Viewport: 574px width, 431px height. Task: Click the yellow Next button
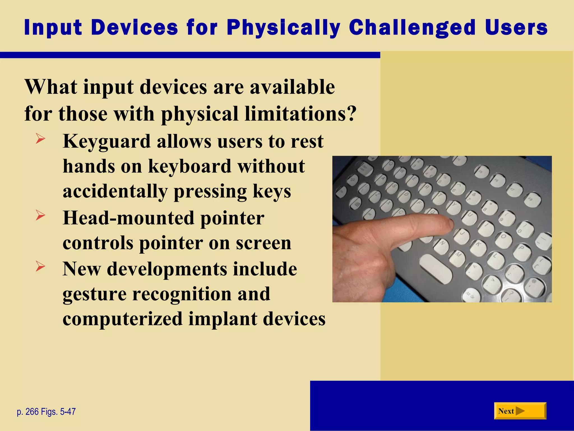point(520,411)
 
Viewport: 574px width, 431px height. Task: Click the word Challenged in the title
point(412,28)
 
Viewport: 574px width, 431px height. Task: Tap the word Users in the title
point(516,28)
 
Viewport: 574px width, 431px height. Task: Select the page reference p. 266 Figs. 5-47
point(46,412)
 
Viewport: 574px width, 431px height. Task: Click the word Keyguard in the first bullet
point(107,142)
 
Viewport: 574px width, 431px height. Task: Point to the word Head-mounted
point(129,218)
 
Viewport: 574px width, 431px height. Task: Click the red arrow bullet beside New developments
point(40,266)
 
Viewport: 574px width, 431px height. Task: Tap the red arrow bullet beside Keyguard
point(40,139)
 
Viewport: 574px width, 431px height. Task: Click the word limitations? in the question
point(300,114)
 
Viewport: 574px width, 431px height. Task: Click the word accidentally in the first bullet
point(115,192)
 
